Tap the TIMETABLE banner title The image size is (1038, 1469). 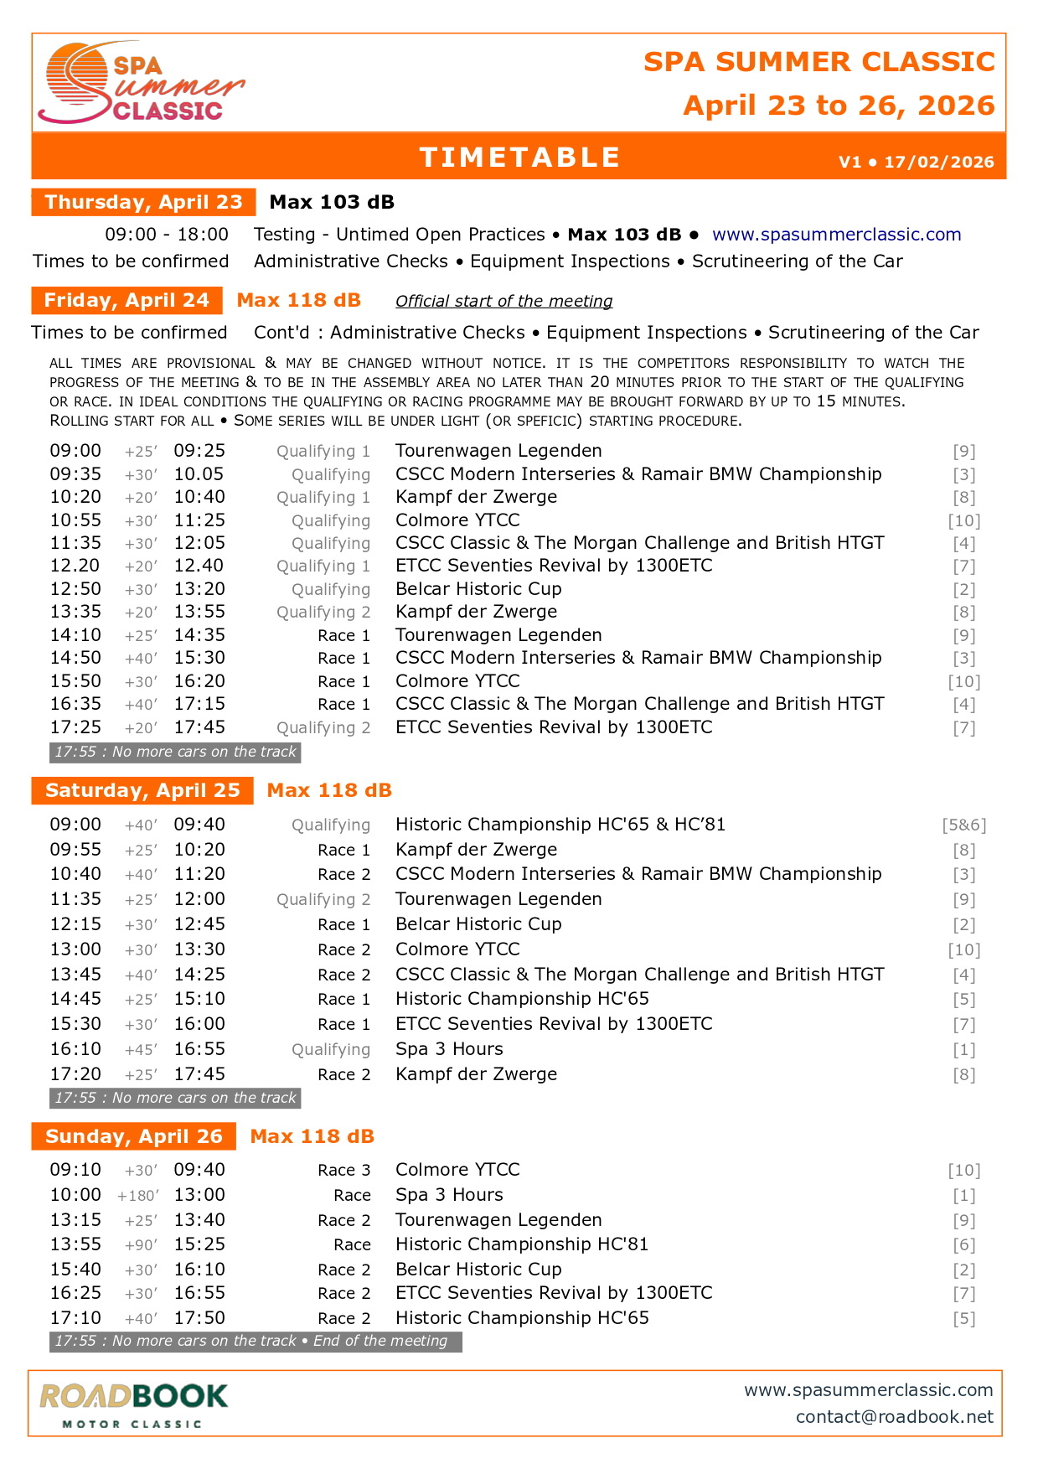tap(519, 158)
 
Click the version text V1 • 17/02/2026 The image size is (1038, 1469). tap(916, 162)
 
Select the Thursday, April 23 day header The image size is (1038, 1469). tap(143, 202)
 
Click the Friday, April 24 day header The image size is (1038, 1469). tap(127, 300)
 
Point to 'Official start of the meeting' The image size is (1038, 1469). tap(504, 301)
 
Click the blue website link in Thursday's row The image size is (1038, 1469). tap(836, 235)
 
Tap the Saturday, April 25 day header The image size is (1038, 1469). tap(142, 790)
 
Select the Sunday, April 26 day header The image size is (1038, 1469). tap(134, 1136)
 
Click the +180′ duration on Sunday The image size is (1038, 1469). tap(138, 1195)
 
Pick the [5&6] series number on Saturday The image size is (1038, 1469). tap(963, 825)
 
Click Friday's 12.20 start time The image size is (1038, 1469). tap(75, 566)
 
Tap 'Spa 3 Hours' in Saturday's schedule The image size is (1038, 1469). tap(449, 1049)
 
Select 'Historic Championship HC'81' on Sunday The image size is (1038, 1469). tap(521, 1244)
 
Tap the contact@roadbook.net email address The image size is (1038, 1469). tap(894, 1416)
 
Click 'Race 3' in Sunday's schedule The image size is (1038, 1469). tap(343, 1170)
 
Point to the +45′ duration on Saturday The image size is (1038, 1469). tap(141, 1049)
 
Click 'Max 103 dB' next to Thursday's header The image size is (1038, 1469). tap(332, 202)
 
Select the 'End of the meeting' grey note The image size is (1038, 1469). tap(380, 1341)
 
